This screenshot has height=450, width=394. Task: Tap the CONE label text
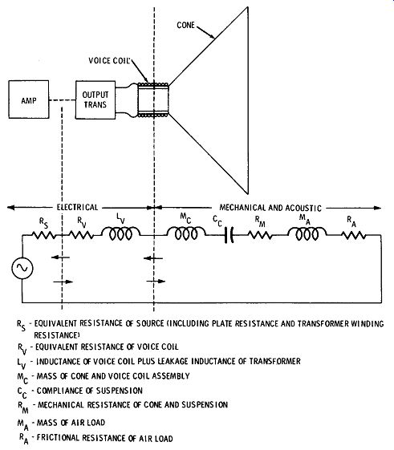pos(186,25)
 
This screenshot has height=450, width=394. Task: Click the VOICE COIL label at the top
pos(109,60)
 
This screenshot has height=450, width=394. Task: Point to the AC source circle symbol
pos(22,268)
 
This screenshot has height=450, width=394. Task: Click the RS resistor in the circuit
pos(43,235)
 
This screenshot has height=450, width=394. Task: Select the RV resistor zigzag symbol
pos(81,235)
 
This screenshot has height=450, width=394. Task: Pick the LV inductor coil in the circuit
pos(121,233)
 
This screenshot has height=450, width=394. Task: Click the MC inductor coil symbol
pos(186,233)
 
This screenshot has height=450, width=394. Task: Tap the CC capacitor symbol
pos(229,235)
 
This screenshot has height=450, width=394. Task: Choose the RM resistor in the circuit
pos(260,235)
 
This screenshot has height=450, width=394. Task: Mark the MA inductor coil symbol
pos(307,233)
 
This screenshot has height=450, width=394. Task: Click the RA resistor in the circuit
pos(353,235)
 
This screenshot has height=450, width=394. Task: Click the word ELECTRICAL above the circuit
pos(77,207)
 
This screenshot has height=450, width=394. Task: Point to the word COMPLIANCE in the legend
pos(63,391)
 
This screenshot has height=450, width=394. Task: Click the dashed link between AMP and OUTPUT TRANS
pos(62,100)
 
